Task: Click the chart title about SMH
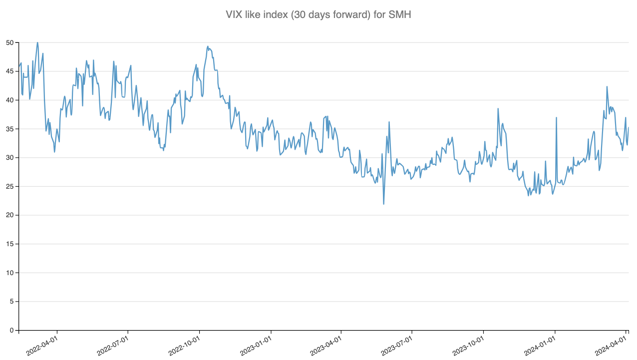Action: tap(318, 15)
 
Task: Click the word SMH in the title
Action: tap(400, 15)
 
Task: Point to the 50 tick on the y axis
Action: tap(9, 42)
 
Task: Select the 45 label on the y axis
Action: tap(9, 71)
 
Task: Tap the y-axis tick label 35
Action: tap(9, 129)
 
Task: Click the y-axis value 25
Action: tap(9, 186)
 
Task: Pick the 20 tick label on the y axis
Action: tap(9, 215)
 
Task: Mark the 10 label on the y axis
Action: tap(9, 273)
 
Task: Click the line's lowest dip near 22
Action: tap(383, 204)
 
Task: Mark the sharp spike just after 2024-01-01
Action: tap(556, 118)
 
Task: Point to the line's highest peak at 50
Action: tap(37, 43)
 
